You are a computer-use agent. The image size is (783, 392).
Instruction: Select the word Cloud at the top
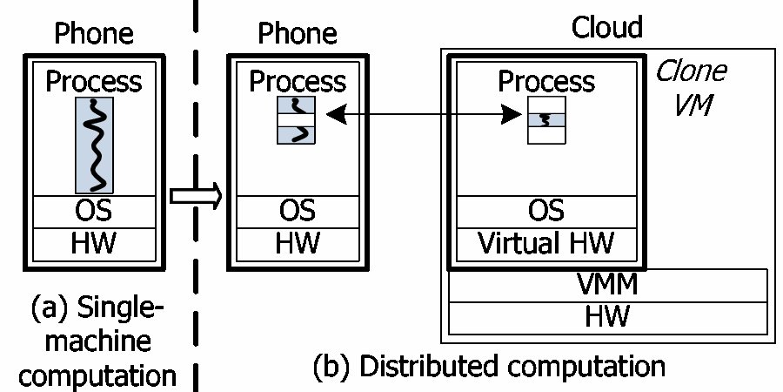pyautogui.click(x=606, y=28)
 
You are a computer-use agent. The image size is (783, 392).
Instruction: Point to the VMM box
pyautogui.click(x=608, y=284)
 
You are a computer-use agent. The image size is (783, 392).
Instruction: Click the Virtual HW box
pyautogui.click(x=547, y=243)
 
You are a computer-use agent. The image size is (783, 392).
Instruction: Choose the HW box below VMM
pyautogui.click(x=608, y=314)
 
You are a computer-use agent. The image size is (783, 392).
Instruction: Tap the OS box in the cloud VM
pyautogui.click(x=547, y=211)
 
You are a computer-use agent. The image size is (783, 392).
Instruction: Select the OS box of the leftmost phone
pyautogui.click(x=94, y=212)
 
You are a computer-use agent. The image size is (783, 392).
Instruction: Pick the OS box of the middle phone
pyautogui.click(x=298, y=212)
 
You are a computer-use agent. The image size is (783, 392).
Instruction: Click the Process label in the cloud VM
pyautogui.click(x=547, y=82)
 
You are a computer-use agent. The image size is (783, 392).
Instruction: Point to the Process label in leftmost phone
pyautogui.click(x=94, y=82)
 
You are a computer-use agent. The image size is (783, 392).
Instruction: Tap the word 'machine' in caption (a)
pyautogui.click(x=97, y=341)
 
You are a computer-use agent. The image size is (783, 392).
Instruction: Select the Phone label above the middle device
pyautogui.click(x=298, y=34)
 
